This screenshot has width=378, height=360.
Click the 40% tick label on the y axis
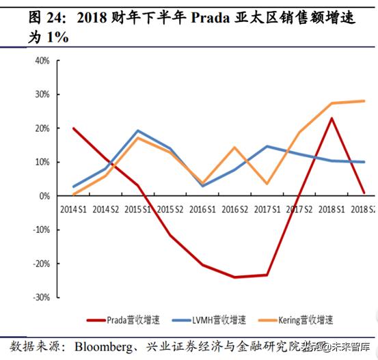click(41, 60)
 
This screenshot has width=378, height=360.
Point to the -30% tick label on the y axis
click(40, 297)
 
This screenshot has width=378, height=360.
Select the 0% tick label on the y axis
click(43, 196)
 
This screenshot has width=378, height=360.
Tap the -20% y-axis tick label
click(40, 264)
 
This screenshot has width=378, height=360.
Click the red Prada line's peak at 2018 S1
click(332, 118)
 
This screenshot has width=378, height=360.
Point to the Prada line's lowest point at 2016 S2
click(234, 277)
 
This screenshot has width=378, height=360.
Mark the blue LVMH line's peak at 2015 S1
click(137, 130)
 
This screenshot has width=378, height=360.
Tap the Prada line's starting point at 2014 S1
click(73, 128)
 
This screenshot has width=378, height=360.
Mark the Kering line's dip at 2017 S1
click(267, 184)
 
